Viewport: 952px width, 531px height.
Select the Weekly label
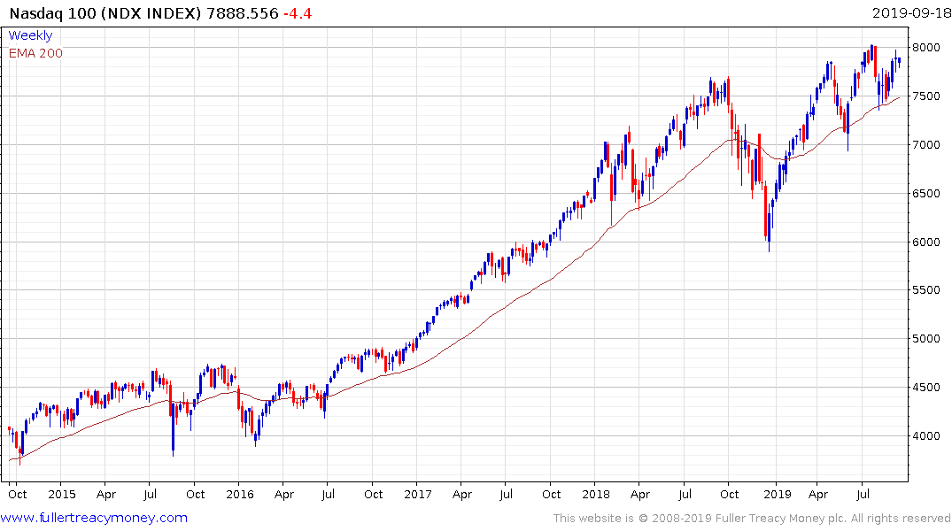click(30, 36)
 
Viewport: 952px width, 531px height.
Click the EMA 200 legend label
click(35, 53)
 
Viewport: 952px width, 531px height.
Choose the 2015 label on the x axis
click(61, 494)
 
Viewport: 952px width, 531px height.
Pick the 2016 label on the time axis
click(240, 494)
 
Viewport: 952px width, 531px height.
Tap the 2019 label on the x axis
click(777, 494)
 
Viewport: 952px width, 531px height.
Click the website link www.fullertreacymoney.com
click(95, 518)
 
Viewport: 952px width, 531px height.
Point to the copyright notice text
click(752, 519)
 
